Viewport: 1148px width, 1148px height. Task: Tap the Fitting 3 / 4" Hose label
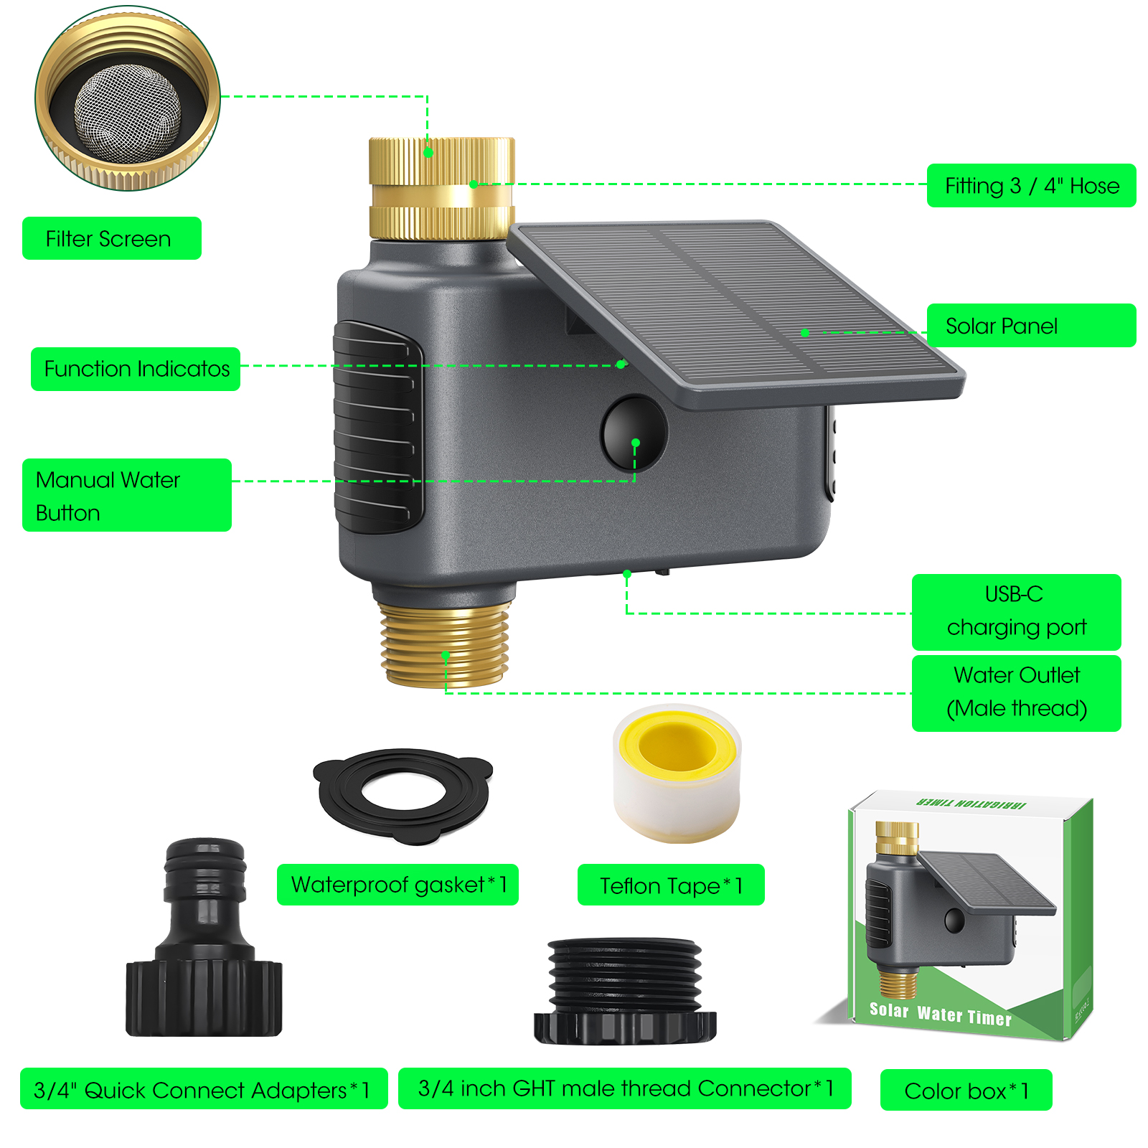pyautogui.click(x=1031, y=186)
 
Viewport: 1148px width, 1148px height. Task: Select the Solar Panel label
pyautogui.click(x=1031, y=326)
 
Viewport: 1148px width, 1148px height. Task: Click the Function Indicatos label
pyautogui.click(x=136, y=369)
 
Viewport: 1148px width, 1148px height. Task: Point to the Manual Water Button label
pyautogui.click(x=127, y=495)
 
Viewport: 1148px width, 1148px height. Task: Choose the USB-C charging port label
pyautogui.click(x=1016, y=612)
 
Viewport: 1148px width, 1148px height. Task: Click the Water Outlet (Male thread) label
pyautogui.click(x=1016, y=693)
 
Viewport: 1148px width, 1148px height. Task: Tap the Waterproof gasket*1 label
pyautogui.click(x=397, y=885)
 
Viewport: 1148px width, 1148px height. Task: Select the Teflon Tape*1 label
pyautogui.click(x=671, y=885)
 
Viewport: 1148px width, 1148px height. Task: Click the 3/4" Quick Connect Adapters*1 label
pyautogui.click(x=204, y=1089)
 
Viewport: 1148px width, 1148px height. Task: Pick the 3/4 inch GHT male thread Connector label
pyautogui.click(x=624, y=1088)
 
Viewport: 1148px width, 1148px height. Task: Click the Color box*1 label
pyautogui.click(x=966, y=1091)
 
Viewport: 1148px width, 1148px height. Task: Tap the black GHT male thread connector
pyautogui.click(x=625, y=991)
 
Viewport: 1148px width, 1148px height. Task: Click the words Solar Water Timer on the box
pyautogui.click(x=940, y=1014)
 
